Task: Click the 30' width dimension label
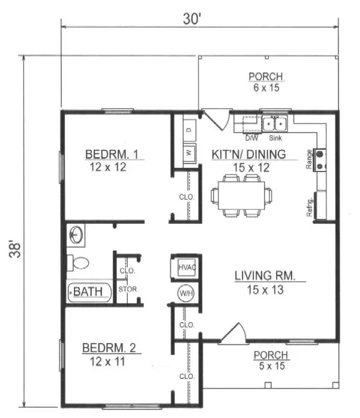(x=192, y=19)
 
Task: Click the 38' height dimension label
(x=15, y=249)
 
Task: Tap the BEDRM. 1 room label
(x=112, y=154)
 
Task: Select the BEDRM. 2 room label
(x=109, y=348)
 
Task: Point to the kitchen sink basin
(x=274, y=124)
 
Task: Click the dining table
(x=242, y=196)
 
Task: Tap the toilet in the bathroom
(x=77, y=263)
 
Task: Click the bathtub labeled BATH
(x=89, y=292)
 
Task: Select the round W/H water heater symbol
(x=186, y=293)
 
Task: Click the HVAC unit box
(x=187, y=267)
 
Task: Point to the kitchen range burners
(x=320, y=160)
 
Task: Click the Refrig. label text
(x=310, y=208)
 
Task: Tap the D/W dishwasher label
(x=251, y=138)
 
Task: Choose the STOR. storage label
(x=127, y=289)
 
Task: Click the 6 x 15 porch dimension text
(x=266, y=88)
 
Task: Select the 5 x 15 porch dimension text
(x=272, y=366)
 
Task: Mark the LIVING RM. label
(x=265, y=276)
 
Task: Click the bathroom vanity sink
(x=76, y=235)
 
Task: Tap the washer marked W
(x=190, y=153)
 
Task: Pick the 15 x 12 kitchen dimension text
(x=251, y=168)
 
